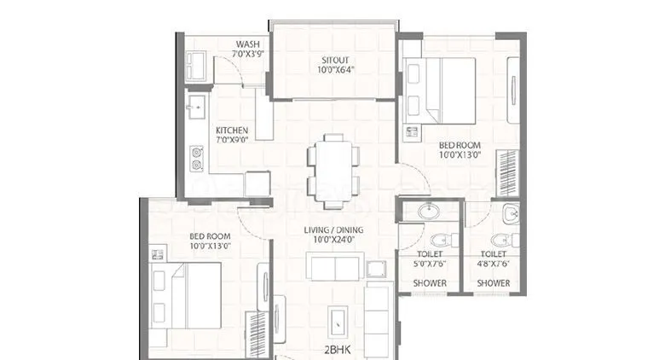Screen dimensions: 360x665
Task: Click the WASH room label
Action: coord(248,44)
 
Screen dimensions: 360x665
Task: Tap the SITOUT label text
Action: coord(332,60)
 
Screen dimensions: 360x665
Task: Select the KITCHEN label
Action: coord(231,131)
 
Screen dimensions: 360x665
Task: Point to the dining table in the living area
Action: coord(332,170)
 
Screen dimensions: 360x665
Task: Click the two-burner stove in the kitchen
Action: coord(198,159)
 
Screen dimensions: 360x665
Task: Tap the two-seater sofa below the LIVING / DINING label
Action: coord(335,268)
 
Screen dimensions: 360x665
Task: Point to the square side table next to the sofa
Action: coord(376,269)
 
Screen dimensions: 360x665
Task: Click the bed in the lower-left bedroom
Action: coord(186,294)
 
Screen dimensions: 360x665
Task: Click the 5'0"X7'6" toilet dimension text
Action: coord(430,264)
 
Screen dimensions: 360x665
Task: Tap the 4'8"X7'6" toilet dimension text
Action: coord(493,264)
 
